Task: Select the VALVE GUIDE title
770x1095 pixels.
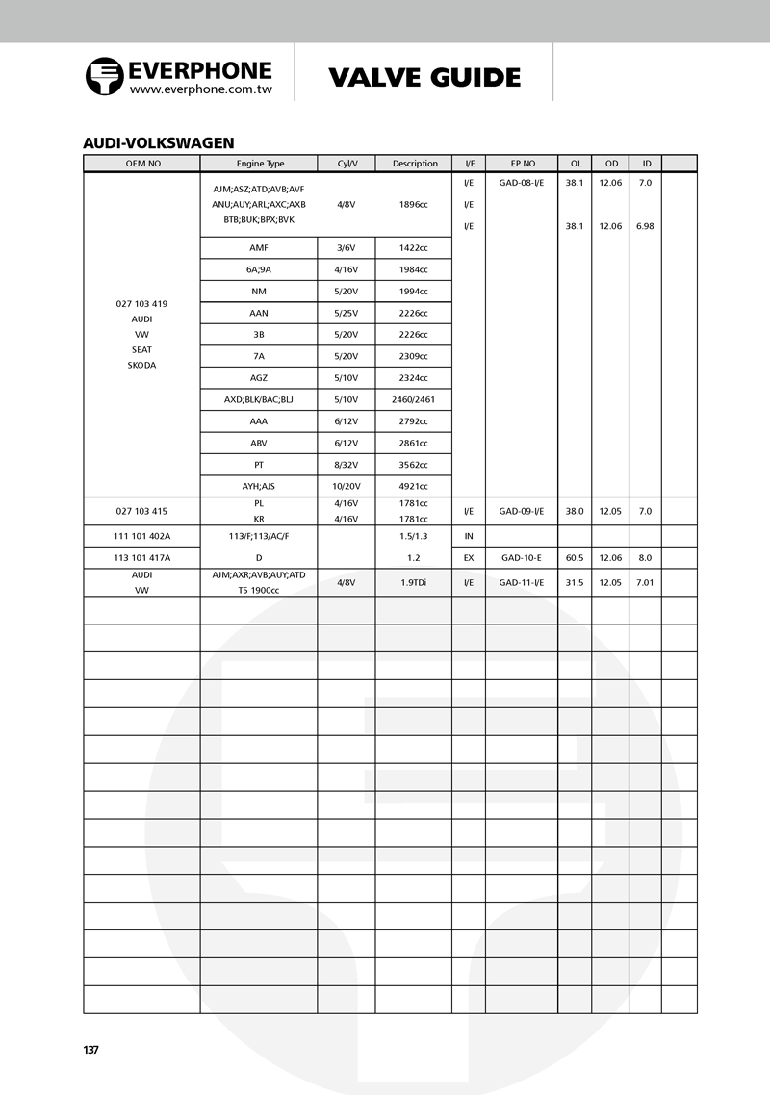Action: (x=424, y=77)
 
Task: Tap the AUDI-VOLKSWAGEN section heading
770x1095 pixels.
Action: (x=159, y=142)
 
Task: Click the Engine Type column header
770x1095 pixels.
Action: (x=260, y=164)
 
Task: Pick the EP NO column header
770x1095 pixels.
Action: (x=523, y=164)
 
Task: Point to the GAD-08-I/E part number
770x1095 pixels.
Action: (x=521, y=182)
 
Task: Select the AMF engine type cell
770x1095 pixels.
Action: (x=258, y=247)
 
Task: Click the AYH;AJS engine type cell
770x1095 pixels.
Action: (x=258, y=486)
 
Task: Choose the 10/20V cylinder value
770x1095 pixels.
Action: (x=346, y=486)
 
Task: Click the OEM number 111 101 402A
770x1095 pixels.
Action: (x=141, y=535)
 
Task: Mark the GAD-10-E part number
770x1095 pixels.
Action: (x=521, y=557)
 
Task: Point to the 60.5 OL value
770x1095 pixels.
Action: (x=575, y=557)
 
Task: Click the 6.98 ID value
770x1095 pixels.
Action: (x=645, y=226)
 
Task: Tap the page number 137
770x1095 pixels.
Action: (x=91, y=1050)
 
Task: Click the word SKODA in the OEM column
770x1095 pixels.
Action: (x=141, y=365)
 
